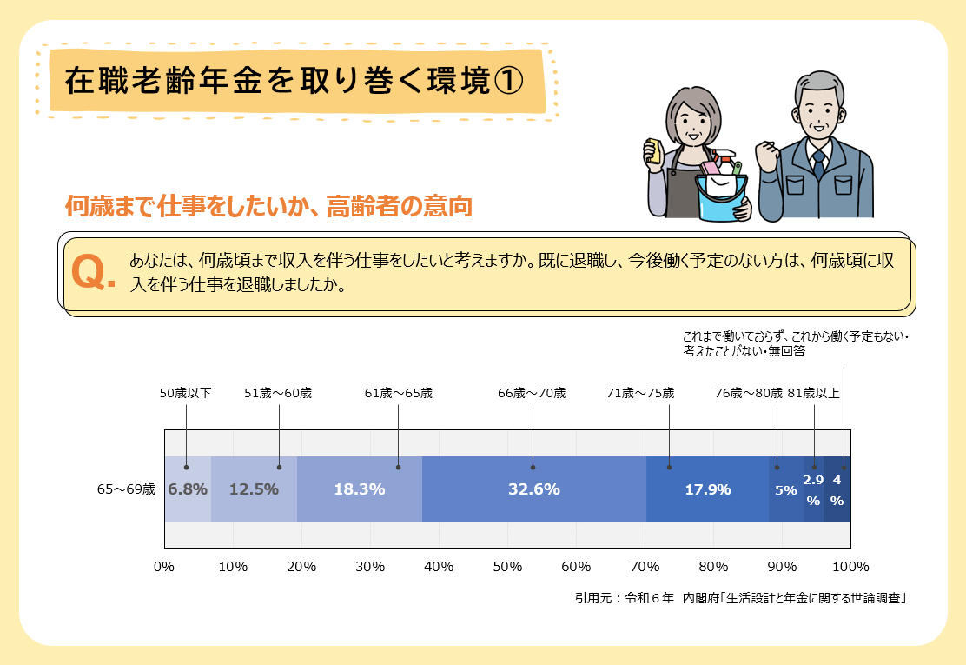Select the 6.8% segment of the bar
(x=188, y=489)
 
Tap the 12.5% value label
(x=254, y=489)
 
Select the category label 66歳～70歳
(x=532, y=393)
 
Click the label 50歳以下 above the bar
(x=185, y=393)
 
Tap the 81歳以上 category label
(x=814, y=393)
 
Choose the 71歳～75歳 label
(x=640, y=393)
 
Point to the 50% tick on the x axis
(x=507, y=567)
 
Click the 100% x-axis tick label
(x=850, y=567)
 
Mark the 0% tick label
(x=164, y=567)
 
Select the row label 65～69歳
(x=126, y=489)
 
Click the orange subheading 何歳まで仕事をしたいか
(x=268, y=207)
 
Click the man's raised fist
(x=767, y=157)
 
